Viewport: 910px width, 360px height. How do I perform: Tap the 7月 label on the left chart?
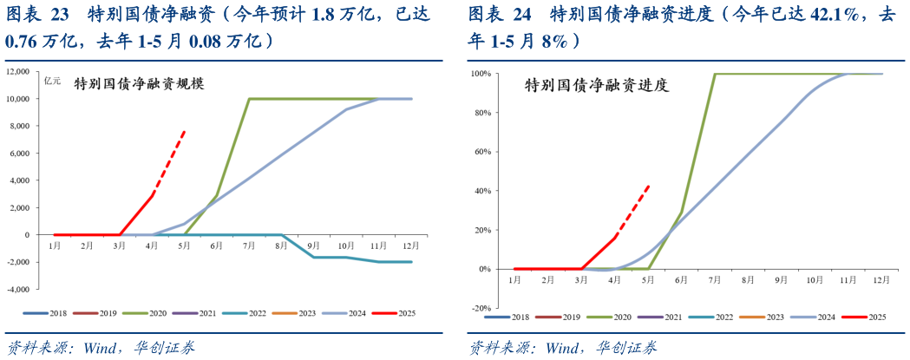click(x=249, y=246)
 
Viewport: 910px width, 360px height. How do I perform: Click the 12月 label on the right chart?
click(x=881, y=280)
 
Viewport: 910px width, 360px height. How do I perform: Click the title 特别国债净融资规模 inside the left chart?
click(x=139, y=84)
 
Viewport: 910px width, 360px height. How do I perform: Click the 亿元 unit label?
click(x=53, y=81)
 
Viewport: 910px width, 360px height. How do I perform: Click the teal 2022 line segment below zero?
click(x=347, y=258)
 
